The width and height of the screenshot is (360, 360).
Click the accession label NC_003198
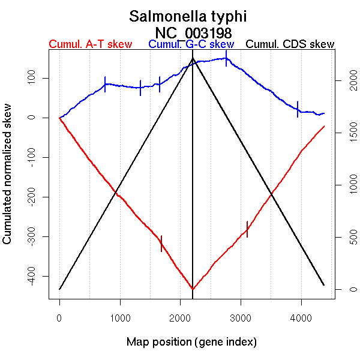click(x=192, y=32)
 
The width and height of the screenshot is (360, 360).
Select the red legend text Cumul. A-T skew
click(x=90, y=45)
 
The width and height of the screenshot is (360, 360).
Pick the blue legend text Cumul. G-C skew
click(x=191, y=45)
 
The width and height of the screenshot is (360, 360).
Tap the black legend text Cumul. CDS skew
click(x=290, y=45)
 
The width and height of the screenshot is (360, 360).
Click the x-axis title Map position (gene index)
click(x=191, y=342)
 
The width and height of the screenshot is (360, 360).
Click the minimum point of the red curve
click(x=192, y=289)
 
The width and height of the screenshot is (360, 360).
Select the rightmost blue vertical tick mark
click(x=298, y=109)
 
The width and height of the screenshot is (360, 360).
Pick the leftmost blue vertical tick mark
click(x=105, y=84)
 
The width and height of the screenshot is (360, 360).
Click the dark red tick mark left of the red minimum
click(x=161, y=244)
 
